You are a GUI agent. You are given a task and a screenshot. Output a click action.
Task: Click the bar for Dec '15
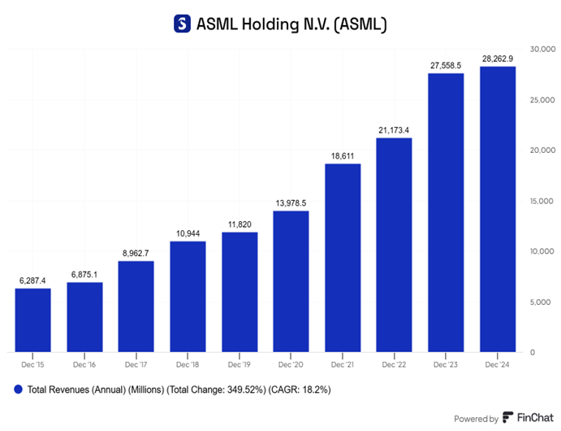pyautogui.click(x=32, y=320)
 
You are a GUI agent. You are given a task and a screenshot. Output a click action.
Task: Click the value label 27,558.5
pyautogui.click(x=445, y=63)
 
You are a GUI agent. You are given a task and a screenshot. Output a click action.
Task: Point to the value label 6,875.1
pyautogui.click(x=84, y=273)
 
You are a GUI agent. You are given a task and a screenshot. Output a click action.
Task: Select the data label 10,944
pyautogui.click(x=188, y=233)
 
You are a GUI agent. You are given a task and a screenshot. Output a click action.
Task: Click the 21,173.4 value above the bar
pyautogui.click(x=394, y=128)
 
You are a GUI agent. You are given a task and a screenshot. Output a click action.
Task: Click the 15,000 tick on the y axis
pyautogui.click(x=541, y=201)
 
